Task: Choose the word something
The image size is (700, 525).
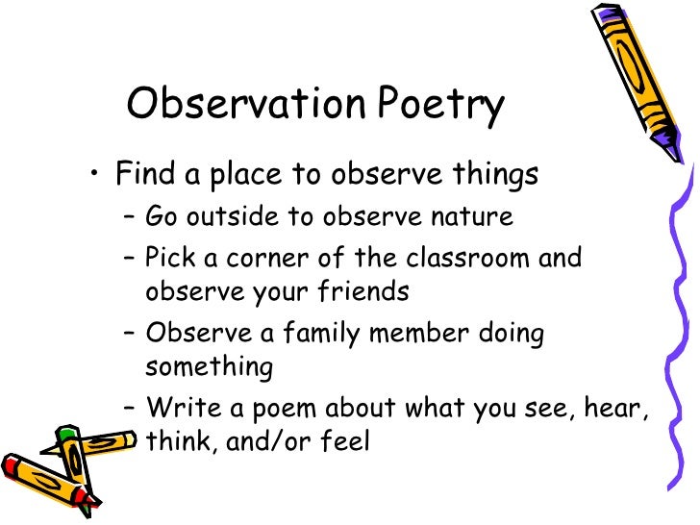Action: tap(210, 366)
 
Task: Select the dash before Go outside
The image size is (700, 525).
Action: tap(130, 217)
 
